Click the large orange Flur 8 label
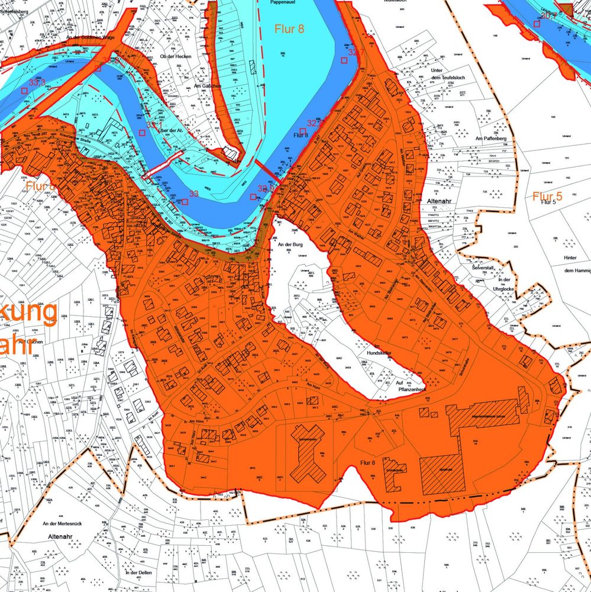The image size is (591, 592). coord(289,28)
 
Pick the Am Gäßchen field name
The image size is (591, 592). coord(208,86)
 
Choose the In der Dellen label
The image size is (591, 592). coord(140,572)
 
